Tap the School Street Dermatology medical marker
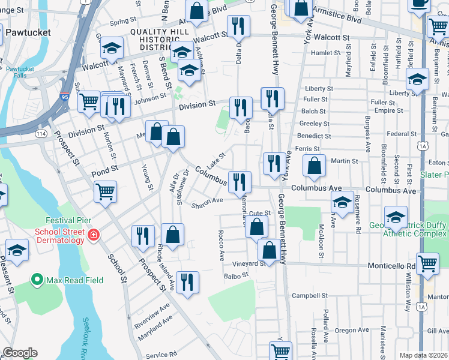(x=93, y=234)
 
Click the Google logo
(x=20, y=353)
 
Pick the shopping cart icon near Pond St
(x=105, y=192)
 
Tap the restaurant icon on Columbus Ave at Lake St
(x=240, y=181)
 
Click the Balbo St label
(x=236, y=276)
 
